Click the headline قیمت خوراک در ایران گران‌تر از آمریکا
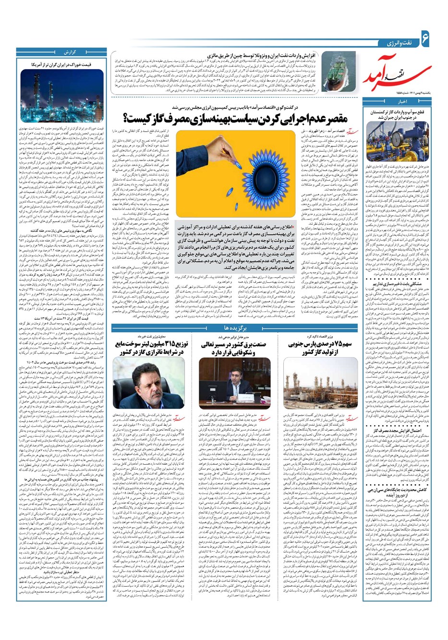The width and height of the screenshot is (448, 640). (60, 63)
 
